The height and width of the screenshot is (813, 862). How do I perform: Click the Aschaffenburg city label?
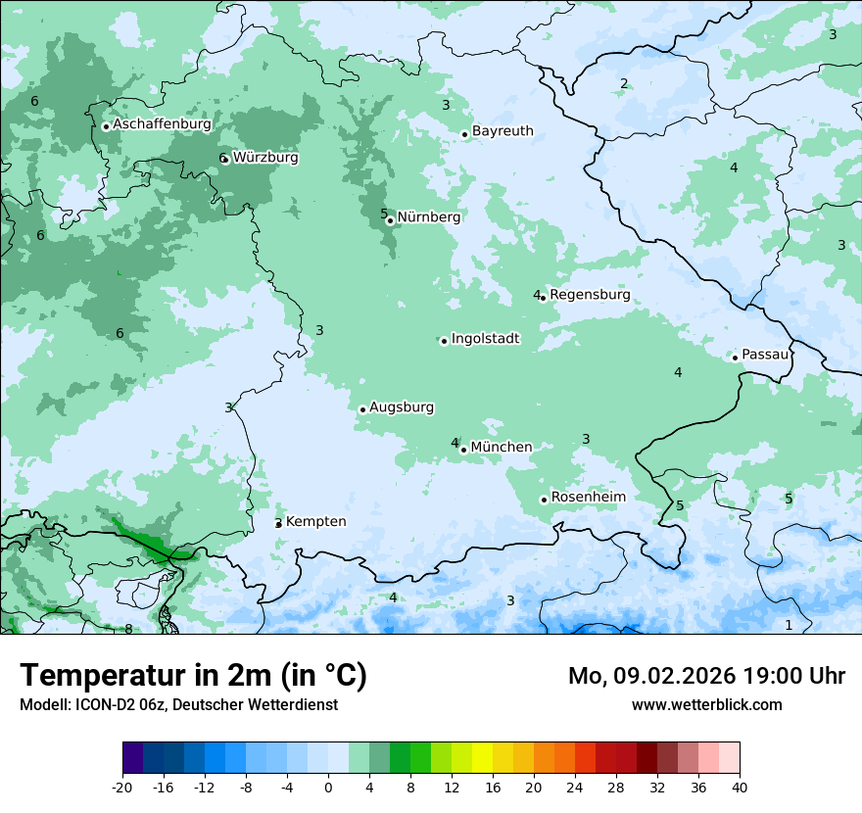[162, 124]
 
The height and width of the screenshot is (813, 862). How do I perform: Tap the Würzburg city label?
[265, 158]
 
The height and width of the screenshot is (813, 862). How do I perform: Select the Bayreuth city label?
[503, 131]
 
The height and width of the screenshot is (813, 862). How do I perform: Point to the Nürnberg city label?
[428, 217]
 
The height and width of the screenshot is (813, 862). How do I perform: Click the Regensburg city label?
[590, 295]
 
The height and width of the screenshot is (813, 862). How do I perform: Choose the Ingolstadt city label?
[485, 339]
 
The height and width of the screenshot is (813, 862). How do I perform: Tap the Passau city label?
[765, 355]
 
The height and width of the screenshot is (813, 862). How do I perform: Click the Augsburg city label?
[402, 407]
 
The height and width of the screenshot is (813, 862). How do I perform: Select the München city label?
[502, 448]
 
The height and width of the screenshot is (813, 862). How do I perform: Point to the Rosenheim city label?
[588, 498]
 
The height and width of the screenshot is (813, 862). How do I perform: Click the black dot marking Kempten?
[278, 524]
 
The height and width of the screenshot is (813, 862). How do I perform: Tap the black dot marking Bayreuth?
[465, 134]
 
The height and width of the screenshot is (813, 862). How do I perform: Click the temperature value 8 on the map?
[128, 629]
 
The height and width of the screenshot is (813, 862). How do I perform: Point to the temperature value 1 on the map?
[789, 625]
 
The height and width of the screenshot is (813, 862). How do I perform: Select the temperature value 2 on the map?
[624, 83]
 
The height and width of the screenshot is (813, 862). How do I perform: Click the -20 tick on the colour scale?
[122, 787]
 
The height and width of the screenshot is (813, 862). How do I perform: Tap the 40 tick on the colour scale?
[740, 787]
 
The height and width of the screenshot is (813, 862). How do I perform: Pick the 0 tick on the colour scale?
[328, 787]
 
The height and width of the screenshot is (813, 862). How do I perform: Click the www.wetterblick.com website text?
[706, 705]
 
